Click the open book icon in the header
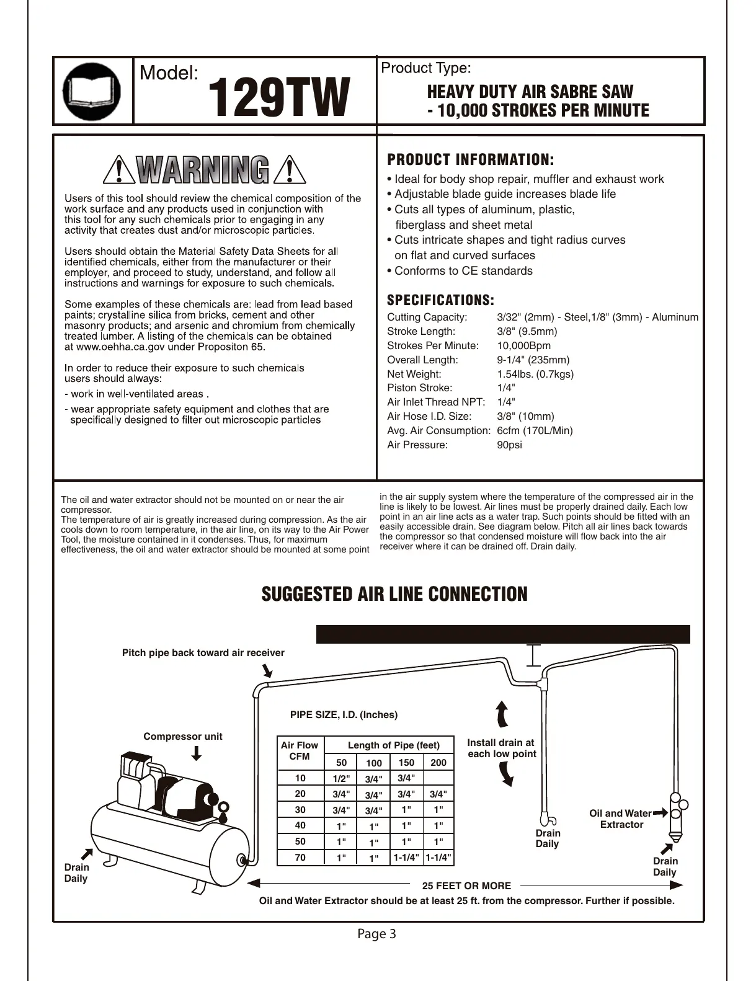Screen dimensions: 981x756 pos(92,91)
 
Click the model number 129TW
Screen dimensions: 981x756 pos(278,98)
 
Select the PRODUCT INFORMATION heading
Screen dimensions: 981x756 pos(470,160)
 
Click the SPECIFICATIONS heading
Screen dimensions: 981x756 pos(440,301)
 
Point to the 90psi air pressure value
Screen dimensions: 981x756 pos(509,445)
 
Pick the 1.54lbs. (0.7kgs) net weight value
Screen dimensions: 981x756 pos(535,374)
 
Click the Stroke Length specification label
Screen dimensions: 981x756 pos(420,331)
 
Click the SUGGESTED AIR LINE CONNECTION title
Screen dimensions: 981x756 pos(394,594)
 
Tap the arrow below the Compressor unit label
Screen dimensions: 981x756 pos(197,753)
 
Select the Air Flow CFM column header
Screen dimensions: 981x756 pos(299,750)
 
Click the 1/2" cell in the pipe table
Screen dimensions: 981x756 pos(341,778)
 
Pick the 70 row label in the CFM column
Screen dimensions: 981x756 pos(300,858)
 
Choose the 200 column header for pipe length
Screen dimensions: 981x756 pos(438,763)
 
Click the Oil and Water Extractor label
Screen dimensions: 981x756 pos(621,819)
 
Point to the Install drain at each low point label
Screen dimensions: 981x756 pos(501,748)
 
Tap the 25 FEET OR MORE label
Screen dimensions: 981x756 pos(466,886)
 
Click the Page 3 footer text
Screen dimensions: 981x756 pos(376,934)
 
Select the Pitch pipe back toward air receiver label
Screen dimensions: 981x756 pos(203,652)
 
